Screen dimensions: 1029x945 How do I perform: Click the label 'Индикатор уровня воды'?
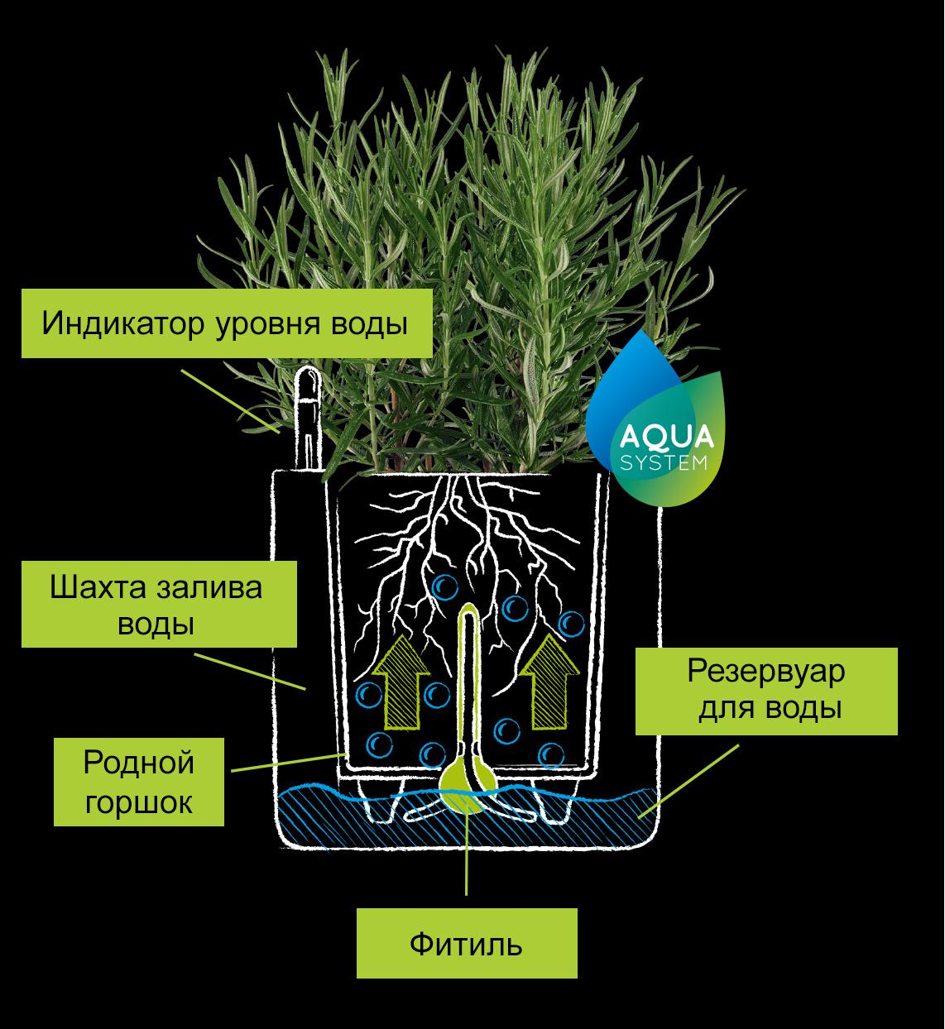(226, 323)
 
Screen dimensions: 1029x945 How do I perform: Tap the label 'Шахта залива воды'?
(158, 605)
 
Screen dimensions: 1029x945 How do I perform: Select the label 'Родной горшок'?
(138, 782)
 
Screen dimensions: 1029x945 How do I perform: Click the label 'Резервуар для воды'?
(766, 691)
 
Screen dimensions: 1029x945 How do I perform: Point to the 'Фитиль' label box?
(467, 943)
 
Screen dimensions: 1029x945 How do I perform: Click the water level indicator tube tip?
(308, 379)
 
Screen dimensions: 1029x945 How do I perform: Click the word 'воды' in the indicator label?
(371, 323)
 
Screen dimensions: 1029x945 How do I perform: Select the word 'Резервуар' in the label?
(766, 672)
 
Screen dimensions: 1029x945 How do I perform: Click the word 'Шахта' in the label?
(94, 587)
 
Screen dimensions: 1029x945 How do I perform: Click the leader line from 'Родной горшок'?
(285, 762)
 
